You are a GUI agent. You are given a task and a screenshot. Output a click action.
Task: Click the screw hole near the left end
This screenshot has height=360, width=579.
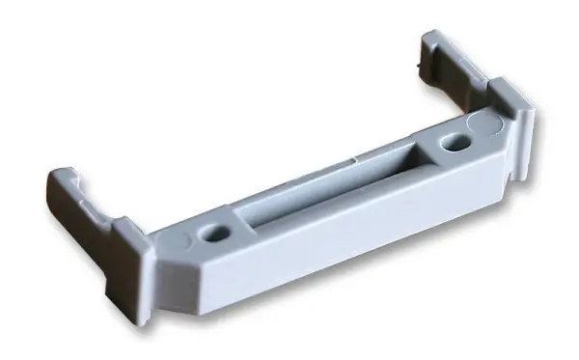pos(215,233)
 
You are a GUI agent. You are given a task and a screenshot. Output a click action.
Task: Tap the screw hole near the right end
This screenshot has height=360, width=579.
pos(452,145)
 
